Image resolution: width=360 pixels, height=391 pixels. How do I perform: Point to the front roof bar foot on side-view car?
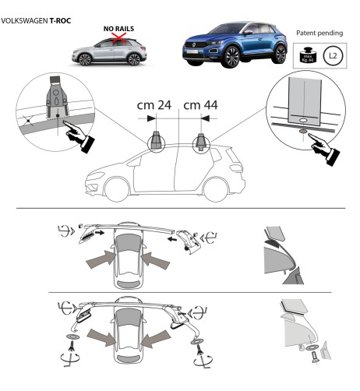pyautogui.click(x=158, y=142)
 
